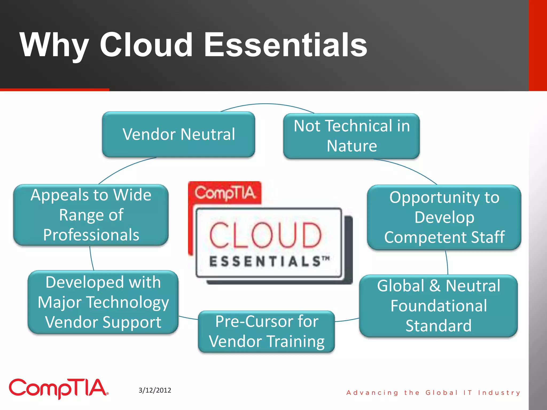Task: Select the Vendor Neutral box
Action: click(x=178, y=134)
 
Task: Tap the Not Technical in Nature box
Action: click(x=351, y=136)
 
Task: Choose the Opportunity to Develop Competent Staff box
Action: click(x=444, y=217)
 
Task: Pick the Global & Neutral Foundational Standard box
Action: click(x=438, y=306)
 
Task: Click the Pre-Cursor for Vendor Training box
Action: click(x=266, y=331)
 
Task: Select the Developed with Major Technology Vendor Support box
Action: click(x=103, y=302)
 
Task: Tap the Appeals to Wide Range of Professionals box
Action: click(x=91, y=215)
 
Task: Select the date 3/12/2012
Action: click(x=155, y=390)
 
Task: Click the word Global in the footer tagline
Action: click(x=441, y=393)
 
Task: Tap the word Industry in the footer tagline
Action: click(x=499, y=393)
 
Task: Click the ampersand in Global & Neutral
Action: click(x=435, y=286)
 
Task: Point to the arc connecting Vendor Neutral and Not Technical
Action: click(x=267, y=104)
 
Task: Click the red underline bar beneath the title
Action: click(x=54, y=90)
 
